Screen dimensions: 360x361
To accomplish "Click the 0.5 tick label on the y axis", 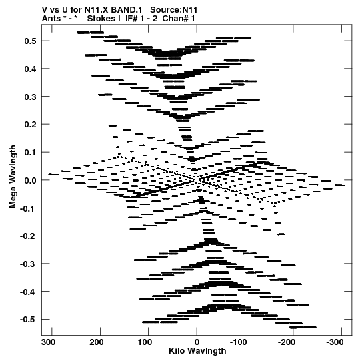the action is pyautogui.click(x=30, y=41).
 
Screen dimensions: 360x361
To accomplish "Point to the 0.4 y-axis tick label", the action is pyautogui.click(x=30, y=69).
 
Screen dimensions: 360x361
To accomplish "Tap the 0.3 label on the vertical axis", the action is pyautogui.click(x=30, y=97).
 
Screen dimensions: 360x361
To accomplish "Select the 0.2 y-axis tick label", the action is pyautogui.click(x=30, y=125).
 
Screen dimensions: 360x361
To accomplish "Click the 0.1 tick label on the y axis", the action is pyautogui.click(x=30, y=153).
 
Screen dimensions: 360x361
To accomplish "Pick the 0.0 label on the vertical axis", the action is pyautogui.click(x=30, y=180).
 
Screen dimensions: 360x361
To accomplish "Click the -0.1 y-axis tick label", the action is pyautogui.click(x=28, y=208).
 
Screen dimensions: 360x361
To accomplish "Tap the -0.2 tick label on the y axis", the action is pyautogui.click(x=28, y=236).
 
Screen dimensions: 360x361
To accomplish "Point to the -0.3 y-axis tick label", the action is pyautogui.click(x=28, y=264).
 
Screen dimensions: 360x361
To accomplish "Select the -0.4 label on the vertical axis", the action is pyautogui.click(x=28, y=292).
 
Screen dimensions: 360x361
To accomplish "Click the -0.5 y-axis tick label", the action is pyautogui.click(x=28, y=320).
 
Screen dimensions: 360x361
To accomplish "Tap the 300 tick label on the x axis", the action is pyautogui.click(x=48, y=342).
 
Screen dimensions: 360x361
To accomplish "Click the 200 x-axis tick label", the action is pyautogui.click(x=97, y=342).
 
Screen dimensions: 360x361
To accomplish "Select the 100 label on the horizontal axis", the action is pyautogui.click(x=145, y=342).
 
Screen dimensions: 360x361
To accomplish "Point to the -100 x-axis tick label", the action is pyautogui.click(x=239, y=342).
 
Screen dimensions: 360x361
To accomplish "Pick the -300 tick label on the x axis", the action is pyautogui.click(x=335, y=342).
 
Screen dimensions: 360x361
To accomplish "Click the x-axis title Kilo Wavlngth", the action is pyautogui.click(x=197, y=351).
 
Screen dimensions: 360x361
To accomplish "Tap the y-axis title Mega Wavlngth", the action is pyautogui.click(x=13, y=176).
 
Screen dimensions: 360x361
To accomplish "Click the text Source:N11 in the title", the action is pyautogui.click(x=174, y=10).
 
